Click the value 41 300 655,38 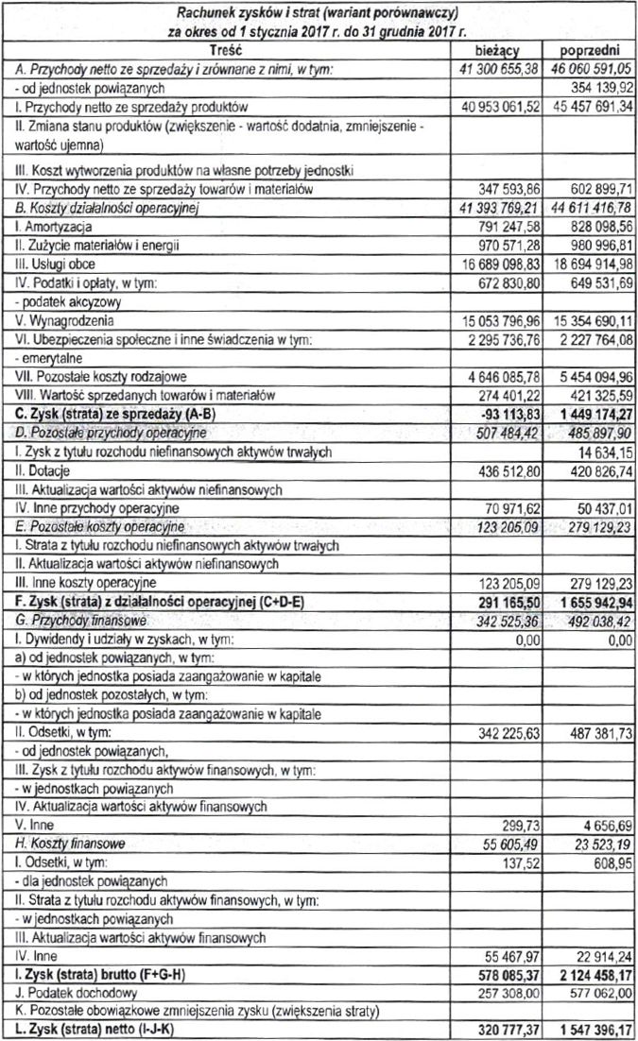click(497, 70)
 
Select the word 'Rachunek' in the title click(209, 11)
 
